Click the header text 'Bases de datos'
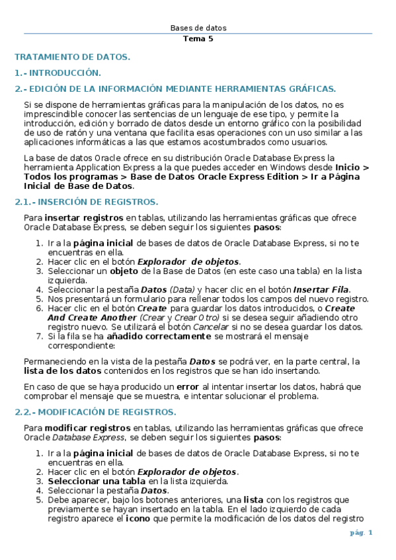pyautogui.click(x=198, y=28)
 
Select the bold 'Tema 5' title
pyautogui.click(x=198, y=38)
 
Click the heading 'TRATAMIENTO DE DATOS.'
pyautogui.click(x=73, y=57)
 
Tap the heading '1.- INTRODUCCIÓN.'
pyautogui.click(x=58, y=73)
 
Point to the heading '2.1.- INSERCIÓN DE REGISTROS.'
pyautogui.click(x=86, y=202)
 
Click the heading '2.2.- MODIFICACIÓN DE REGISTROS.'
pyautogui.click(x=95, y=412)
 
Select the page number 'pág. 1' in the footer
pyautogui.click(x=361, y=532)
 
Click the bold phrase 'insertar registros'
pyautogui.click(x=84, y=217)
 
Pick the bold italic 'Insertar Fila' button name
pyautogui.click(x=321, y=289)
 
